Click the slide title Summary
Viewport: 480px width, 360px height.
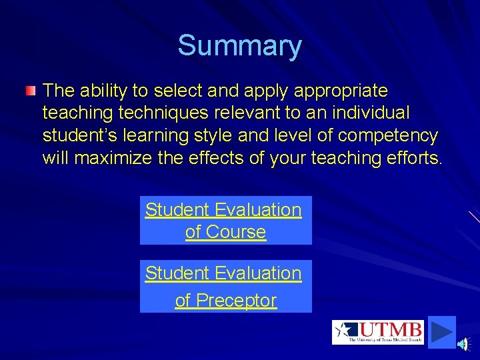pos(239,46)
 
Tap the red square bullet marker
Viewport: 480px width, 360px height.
pos(31,90)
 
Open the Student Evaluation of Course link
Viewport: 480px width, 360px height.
pos(225,221)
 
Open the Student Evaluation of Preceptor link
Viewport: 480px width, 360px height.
pos(225,287)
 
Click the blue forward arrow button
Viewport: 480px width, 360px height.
pos(441,331)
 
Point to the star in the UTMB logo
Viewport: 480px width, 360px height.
pos(345,331)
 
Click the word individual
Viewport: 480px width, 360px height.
pos(377,113)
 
